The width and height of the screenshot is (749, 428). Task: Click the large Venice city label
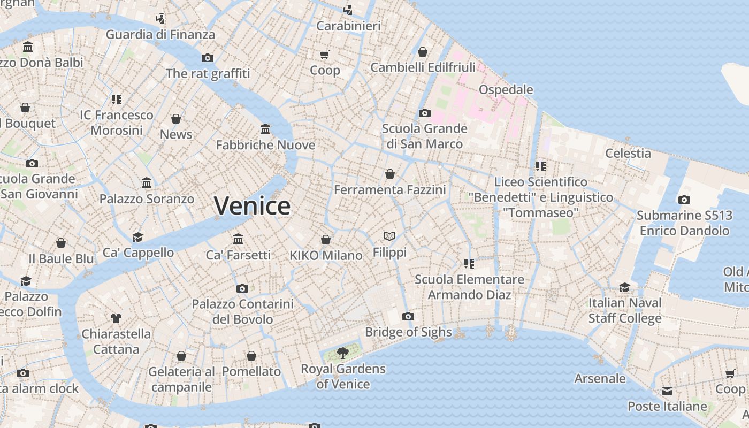pos(252,206)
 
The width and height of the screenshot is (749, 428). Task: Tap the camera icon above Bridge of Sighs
pos(408,316)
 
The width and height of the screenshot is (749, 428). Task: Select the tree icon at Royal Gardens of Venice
pos(343,353)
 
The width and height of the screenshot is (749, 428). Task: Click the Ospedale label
pos(506,89)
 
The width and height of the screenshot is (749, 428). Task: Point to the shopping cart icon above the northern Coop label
pos(325,55)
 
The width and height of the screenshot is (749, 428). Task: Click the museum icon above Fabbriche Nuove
pos(265,129)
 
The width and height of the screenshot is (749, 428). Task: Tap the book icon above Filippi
pos(389,236)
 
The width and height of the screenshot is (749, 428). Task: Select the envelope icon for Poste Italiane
pos(667,391)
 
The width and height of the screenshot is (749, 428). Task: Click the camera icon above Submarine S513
pos(684,200)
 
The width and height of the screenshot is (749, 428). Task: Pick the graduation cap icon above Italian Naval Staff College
pos(624,287)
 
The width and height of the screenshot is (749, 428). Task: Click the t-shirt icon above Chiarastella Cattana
pos(116,318)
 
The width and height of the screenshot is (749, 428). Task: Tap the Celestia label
pos(628,153)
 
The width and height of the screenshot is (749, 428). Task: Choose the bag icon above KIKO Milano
pos(325,240)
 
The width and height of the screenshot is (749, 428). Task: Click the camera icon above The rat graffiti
pos(208,58)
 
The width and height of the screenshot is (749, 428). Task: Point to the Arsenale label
pos(600,378)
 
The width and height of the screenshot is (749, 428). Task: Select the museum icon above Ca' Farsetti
pos(238,239)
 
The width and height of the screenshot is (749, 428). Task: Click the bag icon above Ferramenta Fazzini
pos(389,174)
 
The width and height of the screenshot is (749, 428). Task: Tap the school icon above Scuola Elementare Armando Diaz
pos(469,263)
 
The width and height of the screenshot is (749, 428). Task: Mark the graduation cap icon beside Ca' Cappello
pos(138,237)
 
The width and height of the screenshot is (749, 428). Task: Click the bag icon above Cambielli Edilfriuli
pos(422,52)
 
